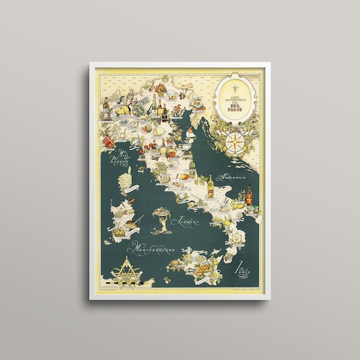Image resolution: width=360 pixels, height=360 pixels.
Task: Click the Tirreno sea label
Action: pyautogui.click(x=188, y=222)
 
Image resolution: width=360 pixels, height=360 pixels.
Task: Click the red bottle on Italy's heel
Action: pyautogui.click(x=249, y=195)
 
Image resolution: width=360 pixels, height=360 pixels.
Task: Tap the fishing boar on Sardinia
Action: pyautogui.click(x=131, y=222)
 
